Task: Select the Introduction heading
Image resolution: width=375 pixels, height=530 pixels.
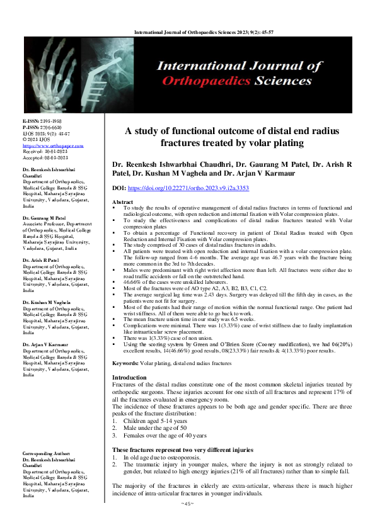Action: (131, 376)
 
